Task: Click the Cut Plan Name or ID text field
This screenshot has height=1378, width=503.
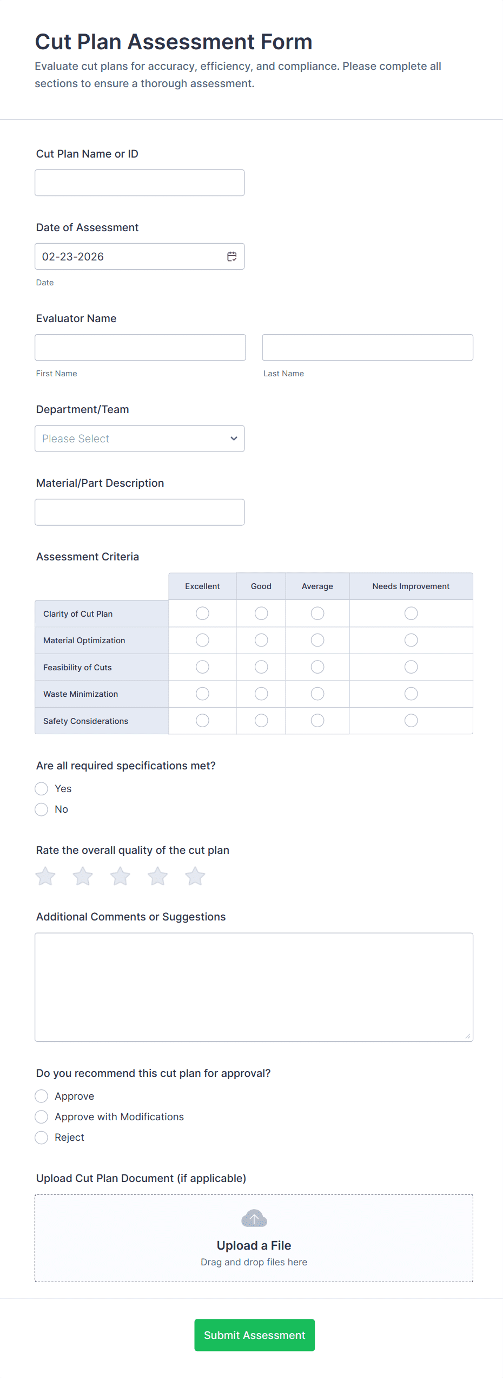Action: [x=140, y=183]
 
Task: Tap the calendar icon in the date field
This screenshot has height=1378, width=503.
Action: [x=231, y=257]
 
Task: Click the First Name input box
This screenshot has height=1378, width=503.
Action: [x=140, y=348]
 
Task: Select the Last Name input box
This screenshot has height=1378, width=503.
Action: [x=367, y=348]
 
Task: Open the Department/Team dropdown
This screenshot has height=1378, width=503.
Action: [x=140, y=439]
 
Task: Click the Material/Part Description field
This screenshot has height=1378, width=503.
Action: [x=140, y=512]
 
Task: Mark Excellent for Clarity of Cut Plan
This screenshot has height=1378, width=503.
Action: [x=202, y=613]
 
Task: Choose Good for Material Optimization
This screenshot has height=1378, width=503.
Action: [x=261, y=641]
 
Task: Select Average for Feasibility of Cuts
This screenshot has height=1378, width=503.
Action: [x=317, y=667]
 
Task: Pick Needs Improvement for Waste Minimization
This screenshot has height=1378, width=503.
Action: [x=411, y=694]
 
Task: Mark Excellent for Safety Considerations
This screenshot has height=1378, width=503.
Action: [x=202, y=721]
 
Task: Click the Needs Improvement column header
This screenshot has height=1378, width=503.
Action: [x=411, y=586]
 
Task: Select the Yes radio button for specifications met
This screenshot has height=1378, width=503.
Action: [x=42, y=789]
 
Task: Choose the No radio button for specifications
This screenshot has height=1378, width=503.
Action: [x=42, y=809]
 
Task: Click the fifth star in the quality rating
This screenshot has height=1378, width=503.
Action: [x=195, y=877]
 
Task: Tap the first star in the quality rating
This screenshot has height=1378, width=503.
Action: [x=45, y=877]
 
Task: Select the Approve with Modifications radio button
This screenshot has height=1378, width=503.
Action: [x=42, y=1117]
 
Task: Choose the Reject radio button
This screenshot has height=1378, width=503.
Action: [x=42, y=1138]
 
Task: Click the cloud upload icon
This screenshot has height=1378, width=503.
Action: [x=254, y=1219]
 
